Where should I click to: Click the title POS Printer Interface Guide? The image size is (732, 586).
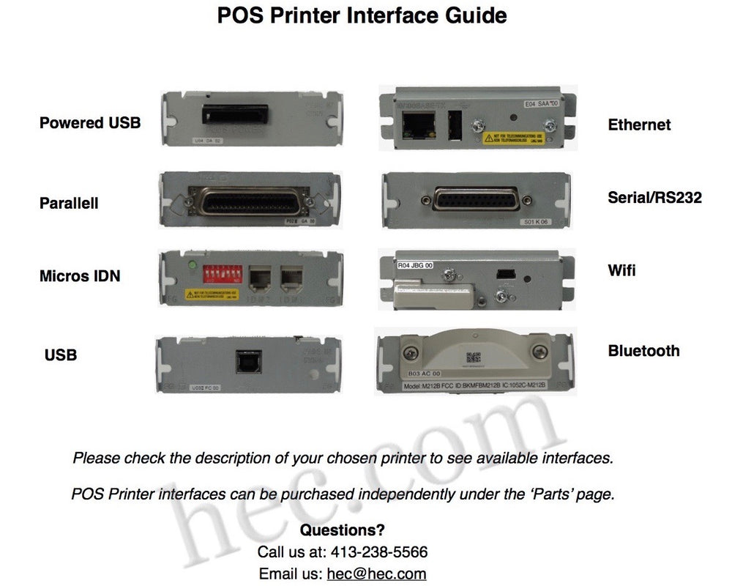(x=362, y=16)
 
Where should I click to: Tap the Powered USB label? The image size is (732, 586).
(x=90, y=122)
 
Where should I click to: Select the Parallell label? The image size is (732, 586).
(x=69, y=203)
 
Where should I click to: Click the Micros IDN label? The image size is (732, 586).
(x=80, y=276)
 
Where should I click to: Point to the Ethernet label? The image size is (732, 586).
(x=639, y=125)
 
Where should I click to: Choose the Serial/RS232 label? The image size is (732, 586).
(x=654, y=197)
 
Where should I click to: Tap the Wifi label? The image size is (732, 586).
(x=621, y=270)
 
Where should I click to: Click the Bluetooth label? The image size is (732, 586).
(x=643, y=351)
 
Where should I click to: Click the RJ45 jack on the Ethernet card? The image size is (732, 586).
(x=417, y=125)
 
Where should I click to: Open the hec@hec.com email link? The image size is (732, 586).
(x=376, y=574)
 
